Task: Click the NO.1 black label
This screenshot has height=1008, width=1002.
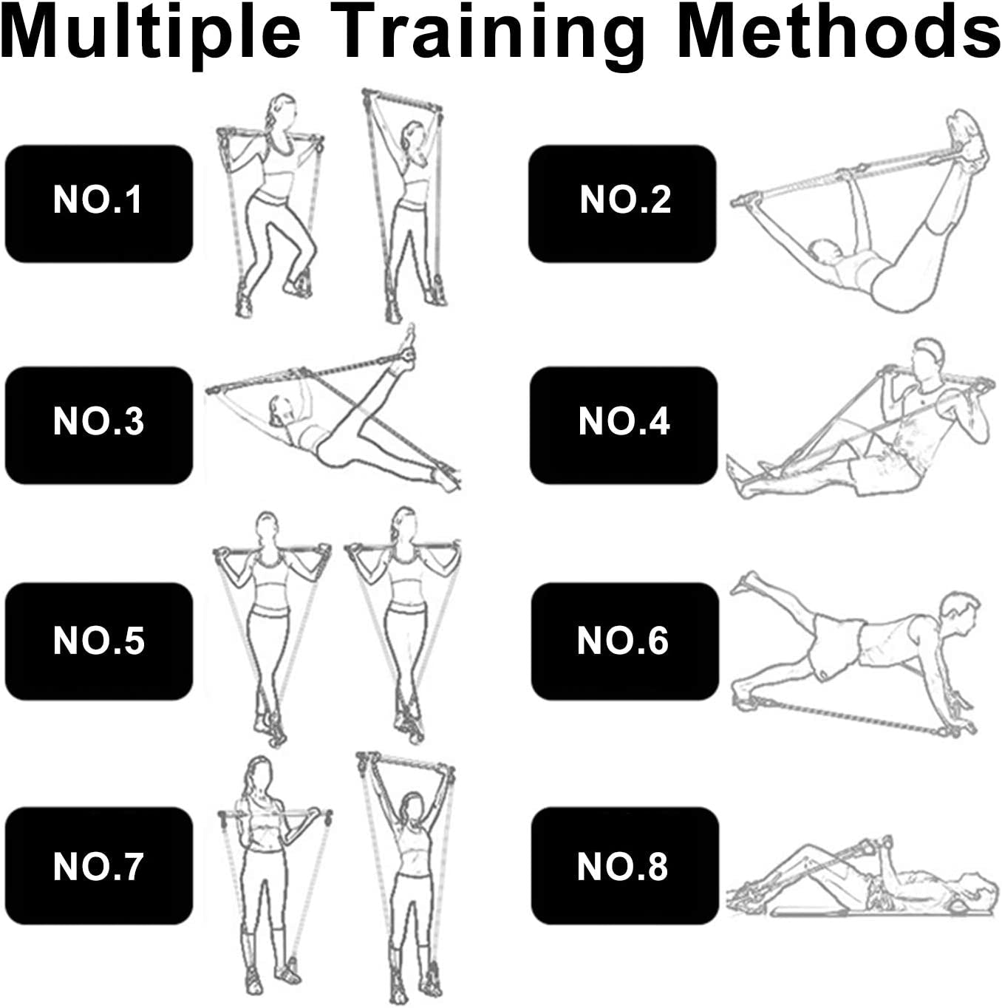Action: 99,203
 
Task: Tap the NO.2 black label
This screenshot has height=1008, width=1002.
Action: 622,203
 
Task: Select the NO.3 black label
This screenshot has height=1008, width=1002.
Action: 99,425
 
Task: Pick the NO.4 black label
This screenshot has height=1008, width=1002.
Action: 623,425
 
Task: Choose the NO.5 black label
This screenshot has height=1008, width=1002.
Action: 99,641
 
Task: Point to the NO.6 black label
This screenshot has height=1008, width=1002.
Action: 624,641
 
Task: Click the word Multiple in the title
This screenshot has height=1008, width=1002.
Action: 151,34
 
